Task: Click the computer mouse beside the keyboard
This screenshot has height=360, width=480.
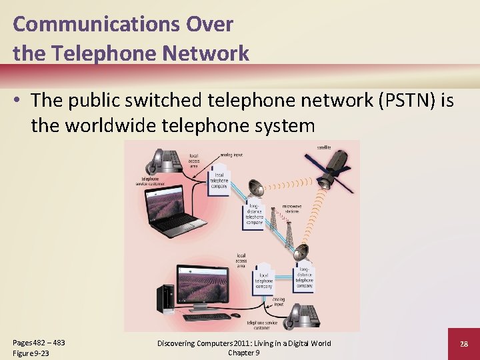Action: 235,315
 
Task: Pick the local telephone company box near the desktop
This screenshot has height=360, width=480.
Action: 265,280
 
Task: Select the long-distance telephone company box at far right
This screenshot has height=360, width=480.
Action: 304,273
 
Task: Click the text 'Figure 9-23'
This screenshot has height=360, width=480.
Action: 31,353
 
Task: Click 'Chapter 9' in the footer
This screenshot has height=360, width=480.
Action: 244,352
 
